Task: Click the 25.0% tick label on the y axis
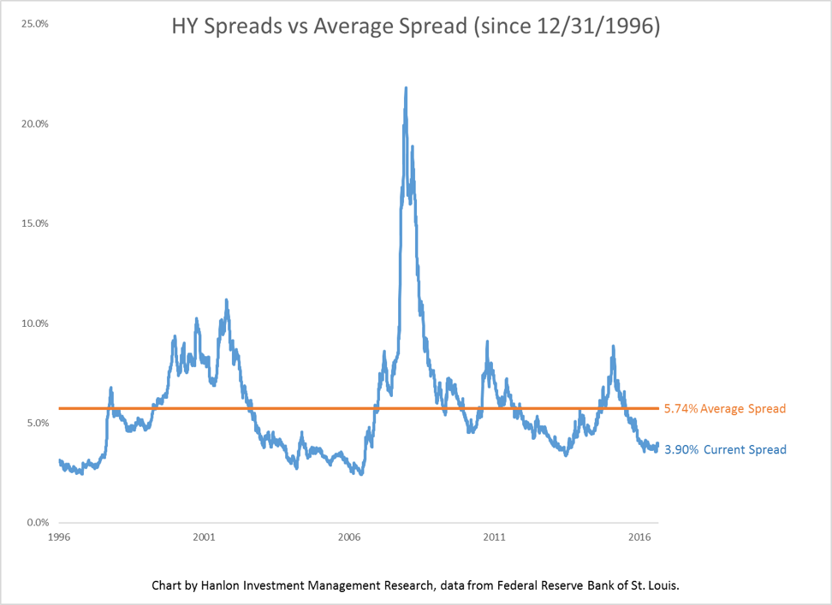point(34,24)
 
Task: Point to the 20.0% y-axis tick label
point(34,124)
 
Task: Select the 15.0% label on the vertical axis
point(34,223)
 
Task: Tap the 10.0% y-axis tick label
point(34,323)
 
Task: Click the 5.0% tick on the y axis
point(37,423)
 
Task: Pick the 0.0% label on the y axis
point(37,523)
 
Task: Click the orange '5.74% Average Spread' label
point(725,409)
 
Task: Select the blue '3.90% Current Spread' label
point(725,449)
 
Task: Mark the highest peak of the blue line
point(405,87)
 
